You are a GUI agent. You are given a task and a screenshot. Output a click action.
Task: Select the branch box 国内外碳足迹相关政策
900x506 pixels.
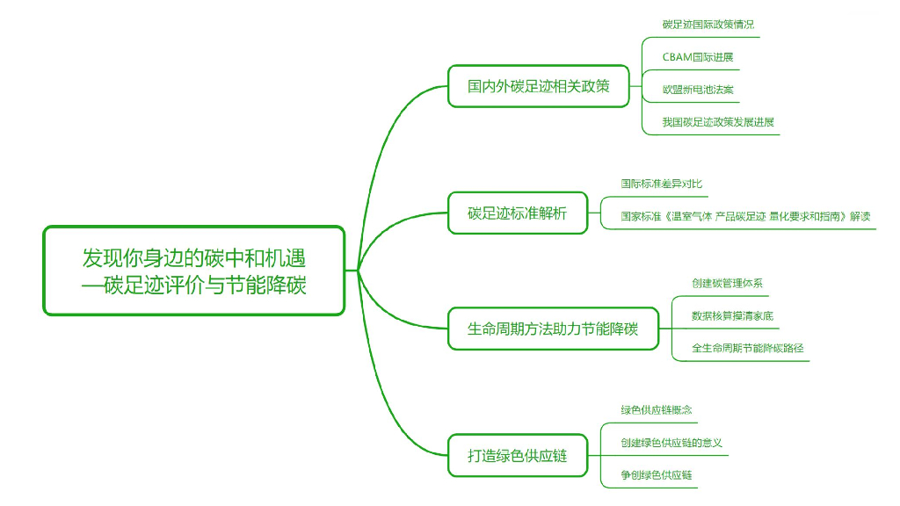[x=538, y=86]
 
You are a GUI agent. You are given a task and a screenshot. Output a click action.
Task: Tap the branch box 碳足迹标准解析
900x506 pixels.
[x=517, y=213]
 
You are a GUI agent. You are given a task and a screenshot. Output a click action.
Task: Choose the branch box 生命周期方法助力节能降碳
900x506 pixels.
[x=552, y=329]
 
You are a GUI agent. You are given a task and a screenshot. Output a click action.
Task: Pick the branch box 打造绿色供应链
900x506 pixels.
[x=517, y=456]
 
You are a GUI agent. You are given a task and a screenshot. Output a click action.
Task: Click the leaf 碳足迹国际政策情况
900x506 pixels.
[x=708, y=25]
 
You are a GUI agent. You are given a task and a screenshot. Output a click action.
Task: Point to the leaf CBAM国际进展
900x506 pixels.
[x=697, y=57]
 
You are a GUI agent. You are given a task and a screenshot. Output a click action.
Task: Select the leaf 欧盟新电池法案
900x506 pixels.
[x=698, y=90]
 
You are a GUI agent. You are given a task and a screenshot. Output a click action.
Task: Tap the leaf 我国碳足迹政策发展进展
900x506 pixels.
[x=718, y=122]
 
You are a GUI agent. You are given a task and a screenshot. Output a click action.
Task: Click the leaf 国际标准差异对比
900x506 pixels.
[x=661, y=184]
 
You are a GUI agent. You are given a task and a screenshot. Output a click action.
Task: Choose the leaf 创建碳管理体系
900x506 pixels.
[x=727, y=283]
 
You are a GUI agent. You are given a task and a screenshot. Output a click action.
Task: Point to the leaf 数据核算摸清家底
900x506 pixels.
[x=732, y=315]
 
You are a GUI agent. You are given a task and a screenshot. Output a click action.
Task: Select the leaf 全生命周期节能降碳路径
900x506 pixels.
[x=747, y=348]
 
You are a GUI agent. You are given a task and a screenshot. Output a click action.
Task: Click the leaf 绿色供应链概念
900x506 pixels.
[x=656, y=409]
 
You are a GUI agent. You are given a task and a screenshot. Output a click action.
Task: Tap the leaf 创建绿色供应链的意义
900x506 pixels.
[x=671, y=443]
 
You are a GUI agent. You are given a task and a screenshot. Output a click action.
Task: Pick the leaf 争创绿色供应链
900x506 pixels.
[x=656, y=475]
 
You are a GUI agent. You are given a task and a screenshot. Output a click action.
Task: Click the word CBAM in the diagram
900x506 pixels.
[x=677, y=57]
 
